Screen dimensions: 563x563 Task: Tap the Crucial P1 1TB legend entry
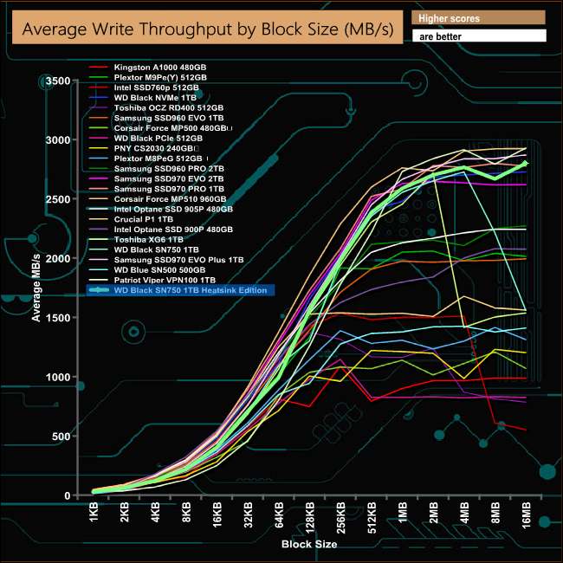(x=144, y=219)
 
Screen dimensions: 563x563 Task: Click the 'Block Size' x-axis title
(x=308, y=545)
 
